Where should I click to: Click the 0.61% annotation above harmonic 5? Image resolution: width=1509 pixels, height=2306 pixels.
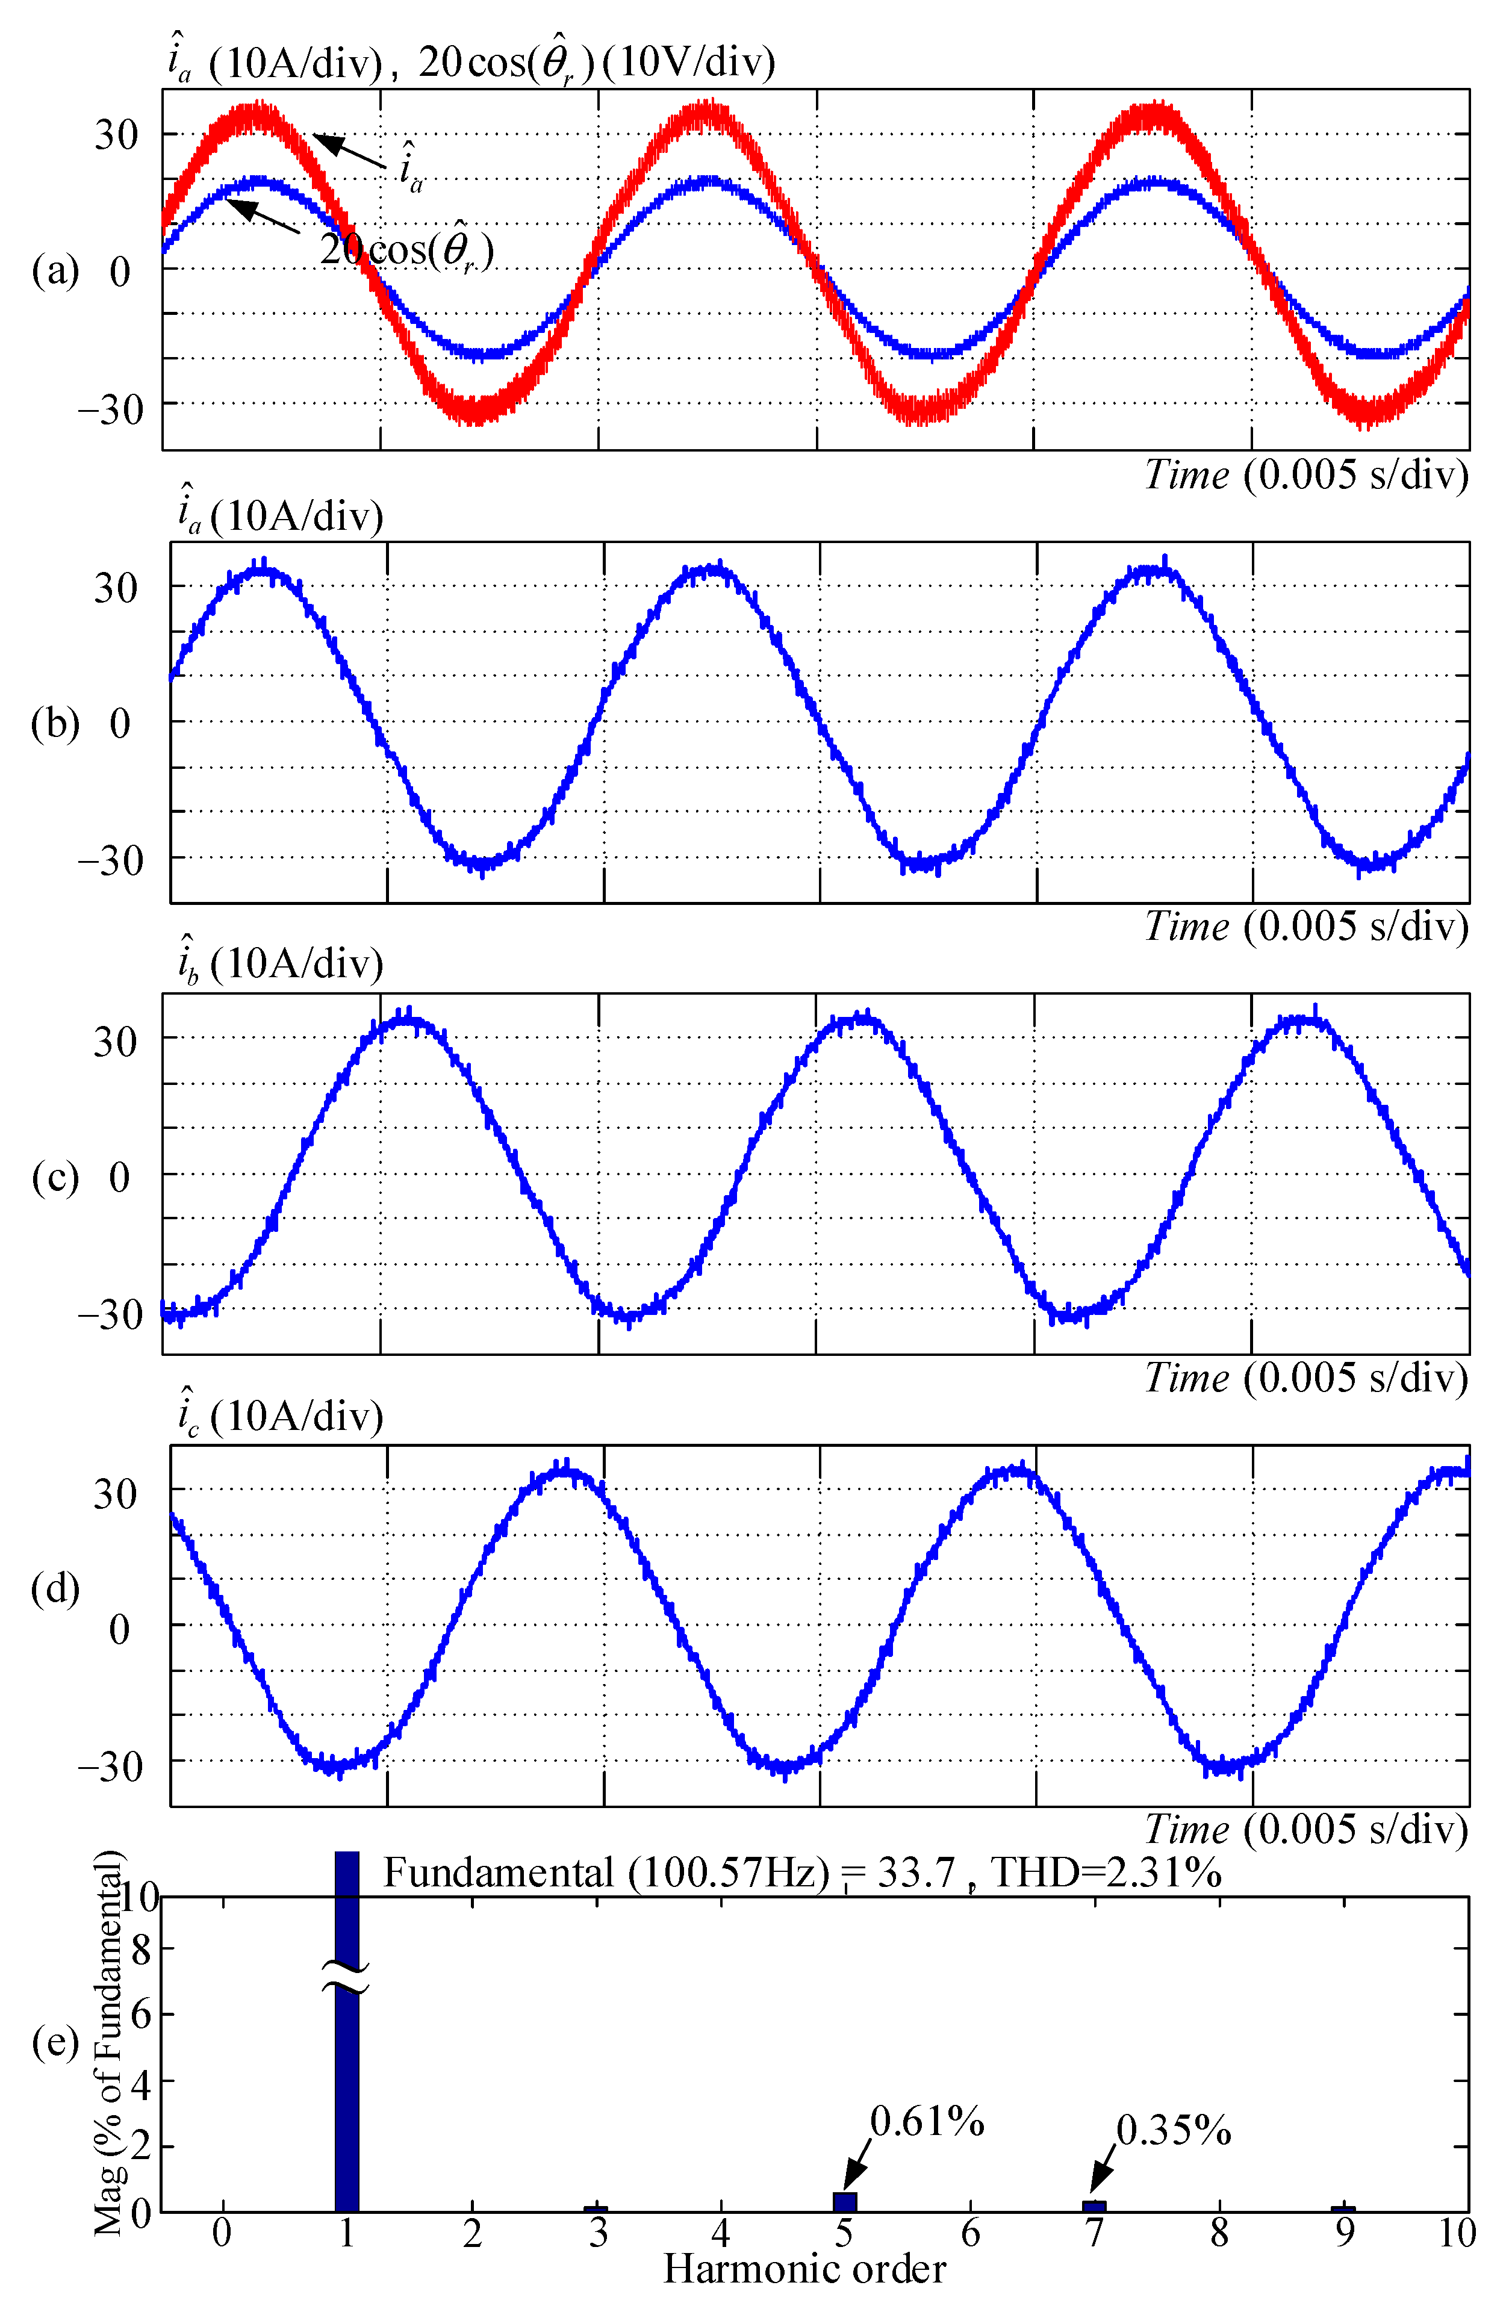(x=927, y=2121)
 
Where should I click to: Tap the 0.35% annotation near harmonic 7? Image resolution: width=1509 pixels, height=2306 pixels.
(x=1173, y=2130)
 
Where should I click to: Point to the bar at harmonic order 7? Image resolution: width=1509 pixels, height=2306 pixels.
(x=1094, y=2205)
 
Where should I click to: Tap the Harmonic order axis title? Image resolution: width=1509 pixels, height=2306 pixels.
(x=804, y=2268)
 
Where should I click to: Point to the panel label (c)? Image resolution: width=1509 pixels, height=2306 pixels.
(x=55, y=1176)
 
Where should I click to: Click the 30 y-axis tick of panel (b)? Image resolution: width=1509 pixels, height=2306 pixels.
(x=116, y=587)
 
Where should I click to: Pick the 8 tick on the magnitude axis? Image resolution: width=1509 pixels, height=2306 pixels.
(x=142, y=1948)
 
